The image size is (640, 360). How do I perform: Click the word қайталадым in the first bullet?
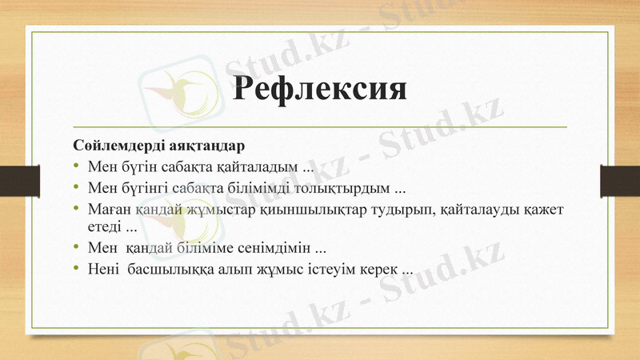click(x=263, y=168)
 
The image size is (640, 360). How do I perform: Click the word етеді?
click(x=105, y=226)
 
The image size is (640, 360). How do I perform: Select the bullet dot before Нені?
click(x=76, y=268)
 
